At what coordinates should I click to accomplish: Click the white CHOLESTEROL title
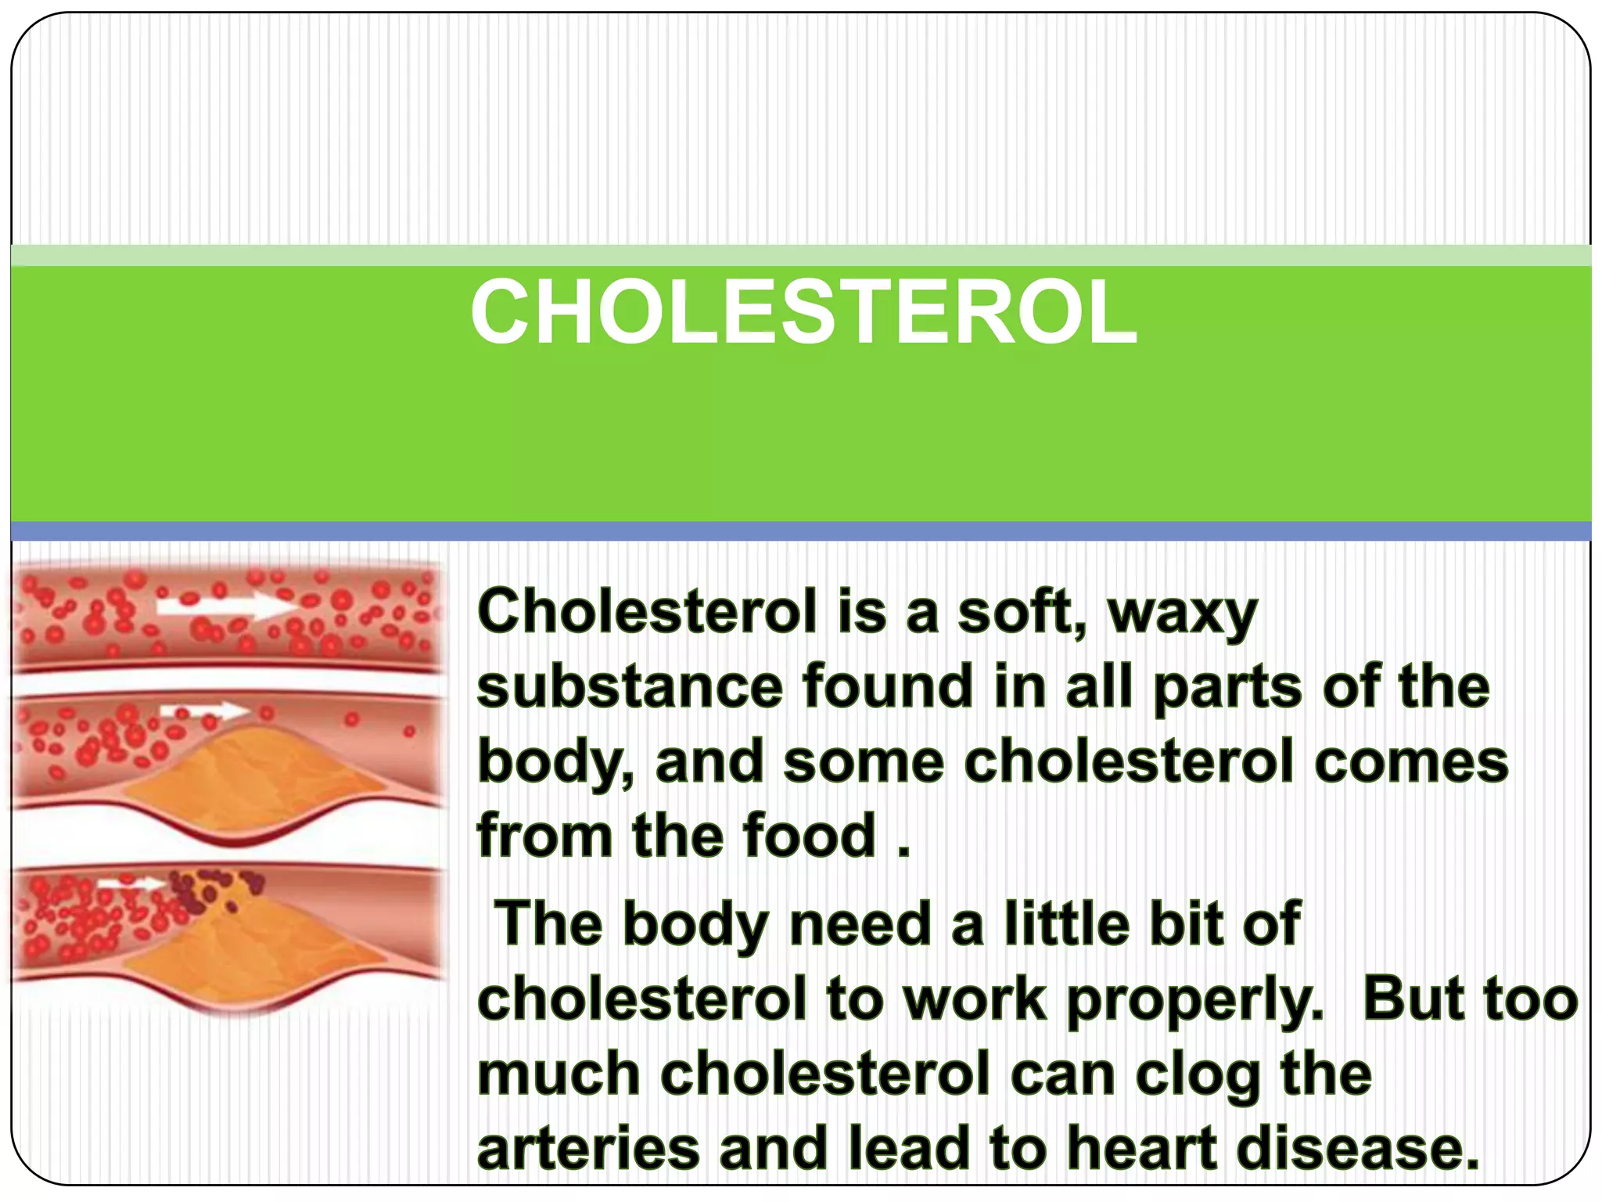pos(803,313)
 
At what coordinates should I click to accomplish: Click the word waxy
pos(1182,614)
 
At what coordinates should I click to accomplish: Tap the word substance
pos(630,687)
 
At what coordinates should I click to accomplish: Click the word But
pos(1414,999)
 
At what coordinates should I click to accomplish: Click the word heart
pos(1142,1149)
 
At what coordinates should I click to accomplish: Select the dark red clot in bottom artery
pos(205,892)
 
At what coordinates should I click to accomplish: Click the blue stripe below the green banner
pos(801,531)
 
